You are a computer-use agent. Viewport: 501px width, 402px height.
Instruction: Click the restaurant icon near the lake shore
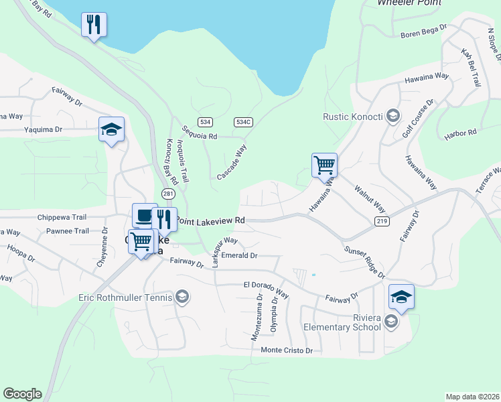(x=94, y=25)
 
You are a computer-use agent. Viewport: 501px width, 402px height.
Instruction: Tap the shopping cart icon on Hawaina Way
(x=324, y=164)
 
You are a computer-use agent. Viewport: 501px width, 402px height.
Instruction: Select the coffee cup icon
(x=144, y=215)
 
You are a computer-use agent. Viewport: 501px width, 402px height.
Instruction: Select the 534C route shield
(x=243, y=122)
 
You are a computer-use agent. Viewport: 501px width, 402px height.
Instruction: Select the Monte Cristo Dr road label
(x=287, y=350)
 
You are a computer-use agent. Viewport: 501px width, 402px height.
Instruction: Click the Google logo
(x=22, y=394)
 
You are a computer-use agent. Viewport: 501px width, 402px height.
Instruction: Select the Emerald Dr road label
(x=239, y=255)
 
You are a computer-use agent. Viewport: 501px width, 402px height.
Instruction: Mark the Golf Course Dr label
(x=418, y=119)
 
